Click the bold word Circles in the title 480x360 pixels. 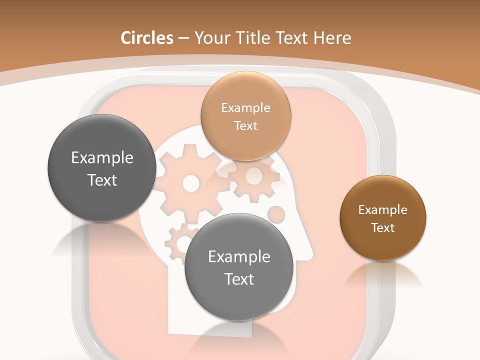[146, 38]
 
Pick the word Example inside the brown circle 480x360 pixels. [383, 210]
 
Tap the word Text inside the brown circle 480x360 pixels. [383, 228]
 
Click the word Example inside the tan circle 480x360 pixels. [246, 108]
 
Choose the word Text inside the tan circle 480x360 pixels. [246, 126]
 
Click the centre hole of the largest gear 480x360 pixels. [190, 183]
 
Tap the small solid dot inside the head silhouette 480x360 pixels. [276, 214]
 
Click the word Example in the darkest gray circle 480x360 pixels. [102, 158]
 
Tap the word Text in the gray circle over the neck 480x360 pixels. [239, 279]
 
